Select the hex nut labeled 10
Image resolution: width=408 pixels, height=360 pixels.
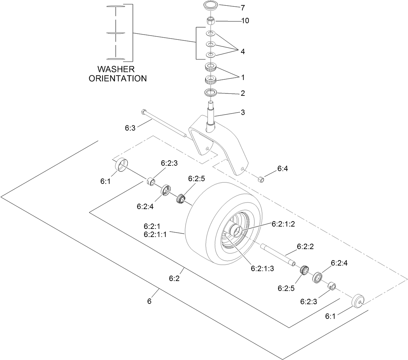coord(210,21)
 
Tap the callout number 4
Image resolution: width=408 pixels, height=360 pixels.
coord(243,52)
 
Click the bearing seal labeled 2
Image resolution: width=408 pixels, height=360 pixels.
coord(211,92)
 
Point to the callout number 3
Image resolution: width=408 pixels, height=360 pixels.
coord(243,112)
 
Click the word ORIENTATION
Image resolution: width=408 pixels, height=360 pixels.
coord(117,79)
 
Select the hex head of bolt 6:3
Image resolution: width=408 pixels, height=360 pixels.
coord(144,112)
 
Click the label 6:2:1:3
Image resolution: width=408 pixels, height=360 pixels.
coord(262,268)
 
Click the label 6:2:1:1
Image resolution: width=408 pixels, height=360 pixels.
coord(155,235)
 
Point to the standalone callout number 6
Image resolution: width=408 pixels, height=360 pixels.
coord(149,301)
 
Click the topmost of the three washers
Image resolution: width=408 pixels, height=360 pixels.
coord(211,34)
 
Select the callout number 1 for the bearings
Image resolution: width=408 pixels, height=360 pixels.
coord(243,77)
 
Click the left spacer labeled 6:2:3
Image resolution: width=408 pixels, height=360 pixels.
coord(151,181)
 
